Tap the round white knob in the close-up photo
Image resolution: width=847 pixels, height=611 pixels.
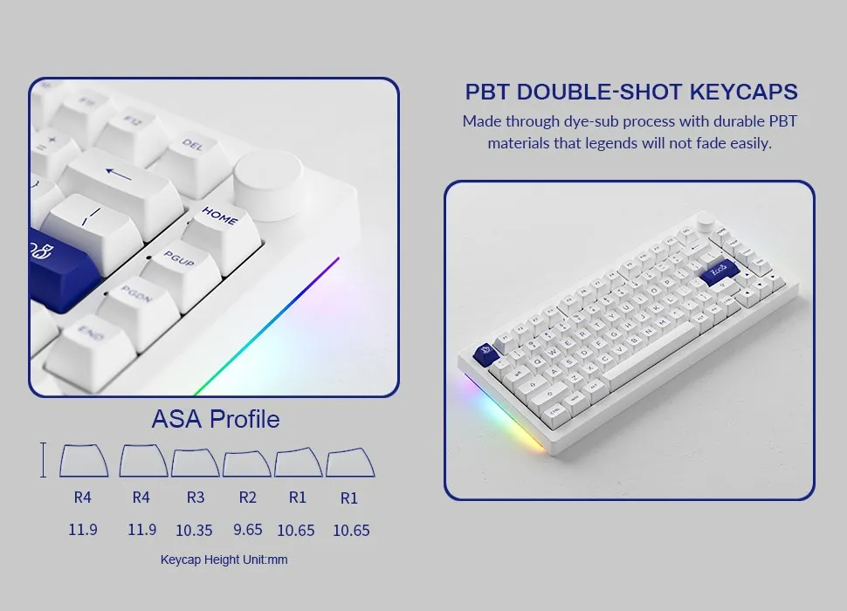268,179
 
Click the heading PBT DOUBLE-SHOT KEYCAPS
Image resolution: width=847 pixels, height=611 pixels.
630,92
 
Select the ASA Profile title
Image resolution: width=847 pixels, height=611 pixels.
216,419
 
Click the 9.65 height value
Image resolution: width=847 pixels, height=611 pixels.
248,529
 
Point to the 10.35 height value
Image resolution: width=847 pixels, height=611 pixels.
195,529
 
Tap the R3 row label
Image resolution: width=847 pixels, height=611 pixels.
195,498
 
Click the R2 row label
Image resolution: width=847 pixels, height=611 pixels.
248,498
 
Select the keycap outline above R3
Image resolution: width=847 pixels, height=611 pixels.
195,463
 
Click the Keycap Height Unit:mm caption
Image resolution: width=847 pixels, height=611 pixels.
224,560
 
